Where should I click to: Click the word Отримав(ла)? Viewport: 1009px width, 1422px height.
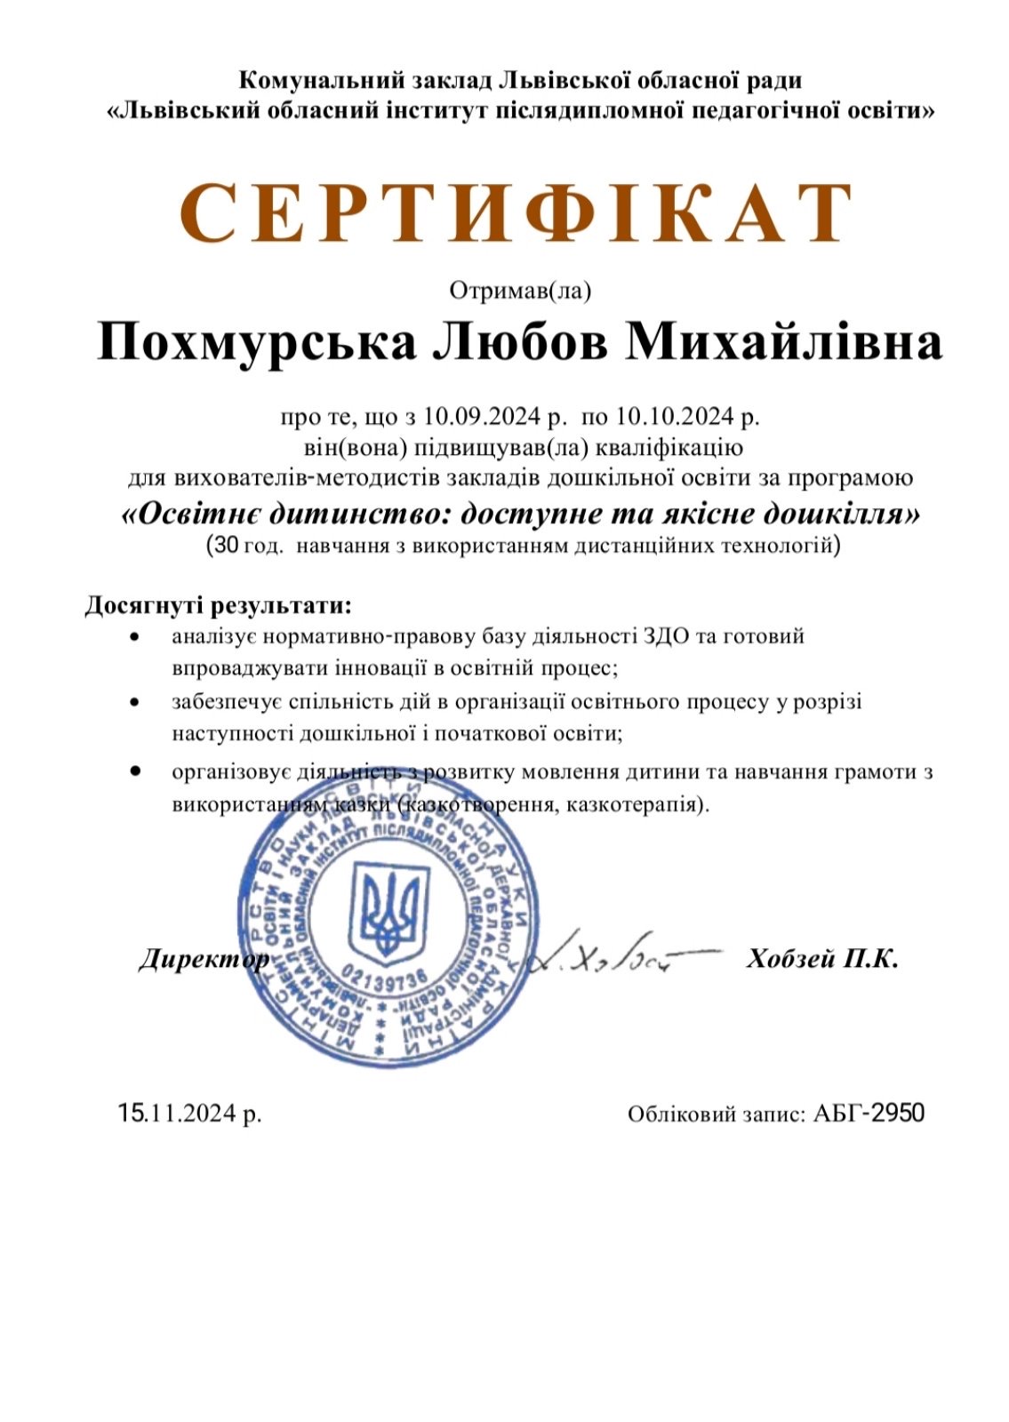520,291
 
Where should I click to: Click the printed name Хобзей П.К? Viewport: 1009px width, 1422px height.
822,958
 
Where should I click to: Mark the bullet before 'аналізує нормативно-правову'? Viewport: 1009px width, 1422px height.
134,637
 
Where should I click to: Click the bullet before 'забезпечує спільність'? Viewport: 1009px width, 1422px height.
134,702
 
